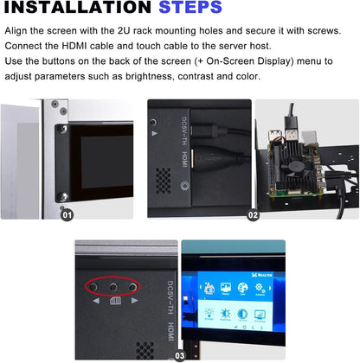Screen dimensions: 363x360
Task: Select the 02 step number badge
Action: coord(254,215)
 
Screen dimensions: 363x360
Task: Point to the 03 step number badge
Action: coord(180,354)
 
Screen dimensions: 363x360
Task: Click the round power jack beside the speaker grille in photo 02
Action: coord(183,184)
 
